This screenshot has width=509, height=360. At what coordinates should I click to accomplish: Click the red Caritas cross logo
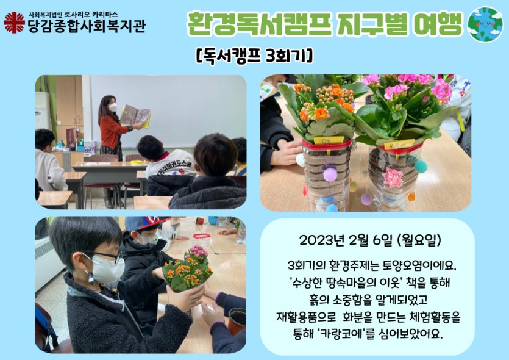coord(14,23)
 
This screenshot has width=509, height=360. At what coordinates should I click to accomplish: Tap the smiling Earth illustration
coord(485,24)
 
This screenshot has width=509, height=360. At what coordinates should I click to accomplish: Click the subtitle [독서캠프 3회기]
coord(254,56)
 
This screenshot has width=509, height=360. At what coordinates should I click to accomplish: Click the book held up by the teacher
coord(135,116)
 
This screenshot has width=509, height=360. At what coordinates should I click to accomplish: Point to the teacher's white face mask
coord(113,107)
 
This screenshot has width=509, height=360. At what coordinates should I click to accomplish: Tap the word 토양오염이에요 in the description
coord(419,266)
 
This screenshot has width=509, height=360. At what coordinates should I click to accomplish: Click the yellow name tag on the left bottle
coord(328,140)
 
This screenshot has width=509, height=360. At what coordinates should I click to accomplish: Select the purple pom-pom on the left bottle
coord(330,174)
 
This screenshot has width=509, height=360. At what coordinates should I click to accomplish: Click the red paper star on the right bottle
coord(393,178)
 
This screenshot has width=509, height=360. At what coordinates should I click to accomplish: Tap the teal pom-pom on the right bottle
coord(421,167)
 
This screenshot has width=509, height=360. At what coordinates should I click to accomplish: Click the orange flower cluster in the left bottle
coord(325,101)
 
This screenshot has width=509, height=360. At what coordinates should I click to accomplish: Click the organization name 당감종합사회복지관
coord(87,26)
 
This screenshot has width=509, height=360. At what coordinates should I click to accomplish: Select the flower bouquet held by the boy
coord(187,269)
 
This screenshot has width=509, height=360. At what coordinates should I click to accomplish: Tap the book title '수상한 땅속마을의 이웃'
coord(346,283)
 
